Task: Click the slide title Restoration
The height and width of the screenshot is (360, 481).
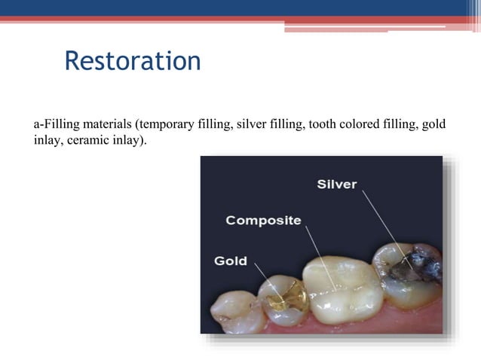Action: point(133,60)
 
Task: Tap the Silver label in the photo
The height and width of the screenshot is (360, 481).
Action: point(336,184)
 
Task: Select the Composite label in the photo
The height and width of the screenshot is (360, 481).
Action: point(263,221)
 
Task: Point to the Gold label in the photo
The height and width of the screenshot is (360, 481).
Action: point(231,261)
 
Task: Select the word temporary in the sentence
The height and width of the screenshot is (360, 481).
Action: point(164,124)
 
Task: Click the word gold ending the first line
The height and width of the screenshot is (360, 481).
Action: point(434,124)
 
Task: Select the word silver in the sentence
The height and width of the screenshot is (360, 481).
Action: point(252,124)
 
